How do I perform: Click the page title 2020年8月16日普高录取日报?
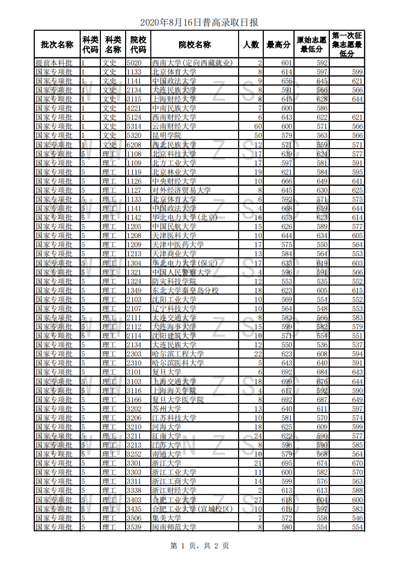tap(199, 22)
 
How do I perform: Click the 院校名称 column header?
tap(195, 44)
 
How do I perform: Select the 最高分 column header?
tap(278, 44)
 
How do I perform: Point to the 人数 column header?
tap(251, 44)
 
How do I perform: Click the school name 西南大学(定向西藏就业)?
tap(192, 63)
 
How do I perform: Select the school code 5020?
tap(134, 63)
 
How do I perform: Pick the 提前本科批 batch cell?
tap(54, 63)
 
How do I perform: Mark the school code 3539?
tap(134, 527)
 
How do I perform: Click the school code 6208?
tap(134, 145)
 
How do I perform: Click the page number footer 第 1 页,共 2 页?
tap(200, 545)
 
